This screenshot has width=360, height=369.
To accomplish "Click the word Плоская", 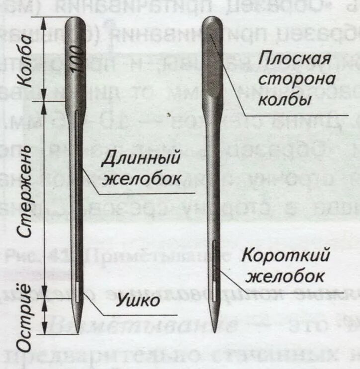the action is tap(294, 59).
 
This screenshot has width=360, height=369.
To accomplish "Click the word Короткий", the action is tap(285, 256).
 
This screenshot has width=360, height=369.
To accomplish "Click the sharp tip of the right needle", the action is tap(214, 331).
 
